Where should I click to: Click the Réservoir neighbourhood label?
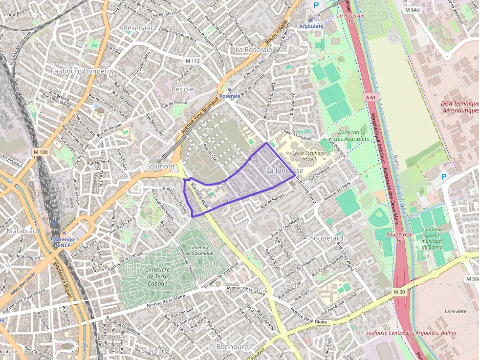click(138, 28)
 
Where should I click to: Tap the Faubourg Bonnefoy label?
click(83, 71)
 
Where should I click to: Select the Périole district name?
click(183, 89)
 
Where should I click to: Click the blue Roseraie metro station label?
click(230, 96)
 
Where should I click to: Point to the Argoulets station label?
click(310, 26)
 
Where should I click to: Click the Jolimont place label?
click(161, 166)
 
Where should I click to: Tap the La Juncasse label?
click(284, 170)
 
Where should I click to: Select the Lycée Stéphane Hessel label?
click(308, 156)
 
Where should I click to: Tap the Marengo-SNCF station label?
click(64, 242)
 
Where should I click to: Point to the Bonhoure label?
click(232, 346)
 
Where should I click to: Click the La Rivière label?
click(456, 311)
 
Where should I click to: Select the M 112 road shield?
click(193, 61)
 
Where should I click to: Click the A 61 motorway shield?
click(371, 97)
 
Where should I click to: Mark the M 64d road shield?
click(412, 9)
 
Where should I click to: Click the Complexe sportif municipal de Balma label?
click(432, 238)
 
